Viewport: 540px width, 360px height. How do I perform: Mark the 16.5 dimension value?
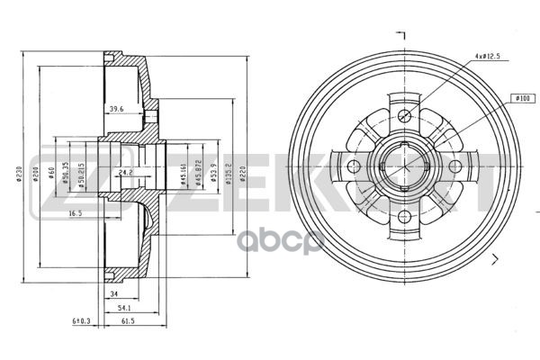pyautogui.click(x=76, y=213)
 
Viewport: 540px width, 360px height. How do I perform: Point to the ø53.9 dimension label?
pyautogui.click(x=212, y=171)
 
